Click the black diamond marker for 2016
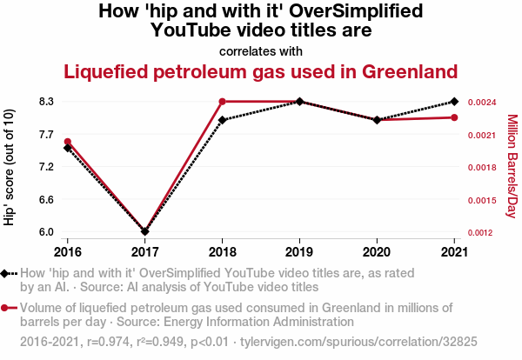68,148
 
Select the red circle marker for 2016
68,142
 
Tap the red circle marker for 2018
223,102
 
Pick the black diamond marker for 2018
223,120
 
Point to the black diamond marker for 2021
455,102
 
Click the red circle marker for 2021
455,117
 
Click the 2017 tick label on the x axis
145,251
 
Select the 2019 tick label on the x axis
300,251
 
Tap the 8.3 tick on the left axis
44,102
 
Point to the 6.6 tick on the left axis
44,199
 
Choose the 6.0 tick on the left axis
44,232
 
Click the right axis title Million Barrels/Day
512,166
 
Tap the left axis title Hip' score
10,167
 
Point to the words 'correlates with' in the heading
261,50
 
